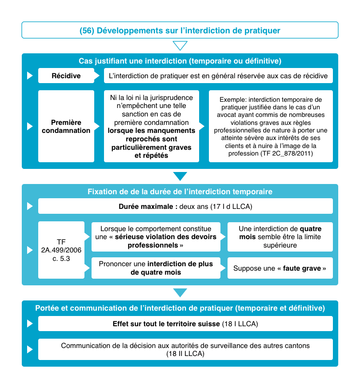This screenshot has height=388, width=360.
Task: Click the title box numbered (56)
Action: click(180, 30)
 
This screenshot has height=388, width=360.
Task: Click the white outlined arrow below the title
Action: click(180, 46)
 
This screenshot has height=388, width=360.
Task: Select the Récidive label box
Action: click(66, 76)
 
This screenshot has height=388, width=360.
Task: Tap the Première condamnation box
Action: click(66, 126)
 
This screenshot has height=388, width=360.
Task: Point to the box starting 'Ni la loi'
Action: click(152, 126)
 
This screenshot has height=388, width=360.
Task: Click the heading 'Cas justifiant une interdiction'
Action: click(180, 60)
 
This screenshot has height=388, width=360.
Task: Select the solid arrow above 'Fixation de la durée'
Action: click(180, 176)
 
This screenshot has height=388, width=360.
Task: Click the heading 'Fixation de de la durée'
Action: click(180, 192)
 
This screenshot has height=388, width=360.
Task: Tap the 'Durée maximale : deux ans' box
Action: click(185, 207)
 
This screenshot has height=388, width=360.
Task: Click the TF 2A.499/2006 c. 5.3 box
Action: click(61, 250)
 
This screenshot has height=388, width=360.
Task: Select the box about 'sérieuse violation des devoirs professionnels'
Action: click(156, 236)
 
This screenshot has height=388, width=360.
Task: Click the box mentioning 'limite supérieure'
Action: click(280, 236)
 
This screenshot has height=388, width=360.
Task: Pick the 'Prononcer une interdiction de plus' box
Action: click(156, 268)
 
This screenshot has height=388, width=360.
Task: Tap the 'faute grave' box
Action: click(280, 268)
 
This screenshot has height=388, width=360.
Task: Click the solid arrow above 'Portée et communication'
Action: click(180, 292)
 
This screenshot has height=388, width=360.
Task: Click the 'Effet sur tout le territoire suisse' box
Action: click(185, 324)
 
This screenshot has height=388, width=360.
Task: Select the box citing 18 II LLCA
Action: click(185, 350)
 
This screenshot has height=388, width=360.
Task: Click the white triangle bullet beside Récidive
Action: click(30, 76)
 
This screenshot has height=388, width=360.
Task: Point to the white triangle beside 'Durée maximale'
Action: click(30, 207)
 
